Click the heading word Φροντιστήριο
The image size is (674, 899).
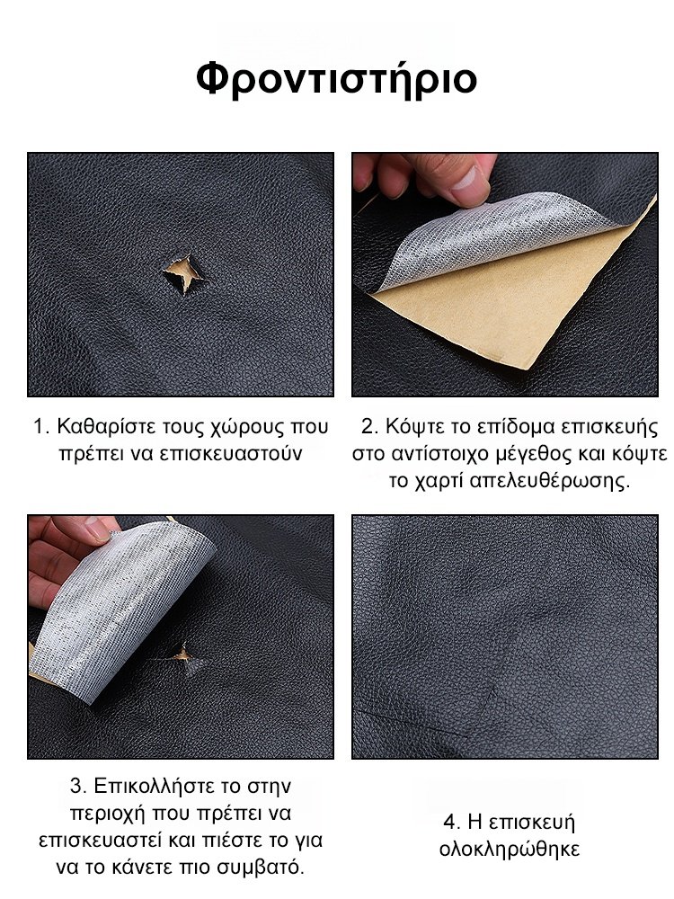[336, 79]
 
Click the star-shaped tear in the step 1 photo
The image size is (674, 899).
[183, 274]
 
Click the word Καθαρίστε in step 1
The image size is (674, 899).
[106, 427]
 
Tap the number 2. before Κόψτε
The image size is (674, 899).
[370, 427]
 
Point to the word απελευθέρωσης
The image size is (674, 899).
[549, 480]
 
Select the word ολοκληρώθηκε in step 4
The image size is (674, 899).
[510, 850]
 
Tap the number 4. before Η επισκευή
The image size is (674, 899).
[452, 823]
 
